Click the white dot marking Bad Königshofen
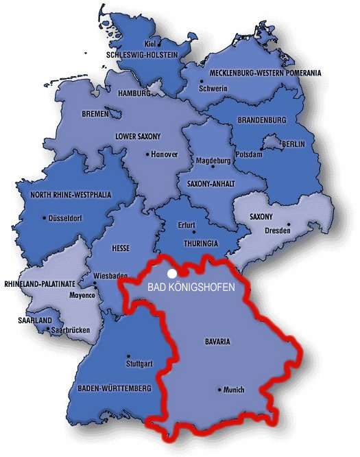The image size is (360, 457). [171, 272]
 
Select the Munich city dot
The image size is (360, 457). [219, 390]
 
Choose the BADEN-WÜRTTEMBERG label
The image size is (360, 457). [114, 388]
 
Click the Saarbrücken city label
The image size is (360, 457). [73, 330]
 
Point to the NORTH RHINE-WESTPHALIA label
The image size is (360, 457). [71, 195]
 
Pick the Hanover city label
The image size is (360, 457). [165, 154]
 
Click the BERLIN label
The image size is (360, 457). [292, 144]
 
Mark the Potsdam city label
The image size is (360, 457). [249, 154]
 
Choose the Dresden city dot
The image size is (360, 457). [289, 224]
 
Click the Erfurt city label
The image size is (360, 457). [186, 225]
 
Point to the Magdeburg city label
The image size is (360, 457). [212, 161]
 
